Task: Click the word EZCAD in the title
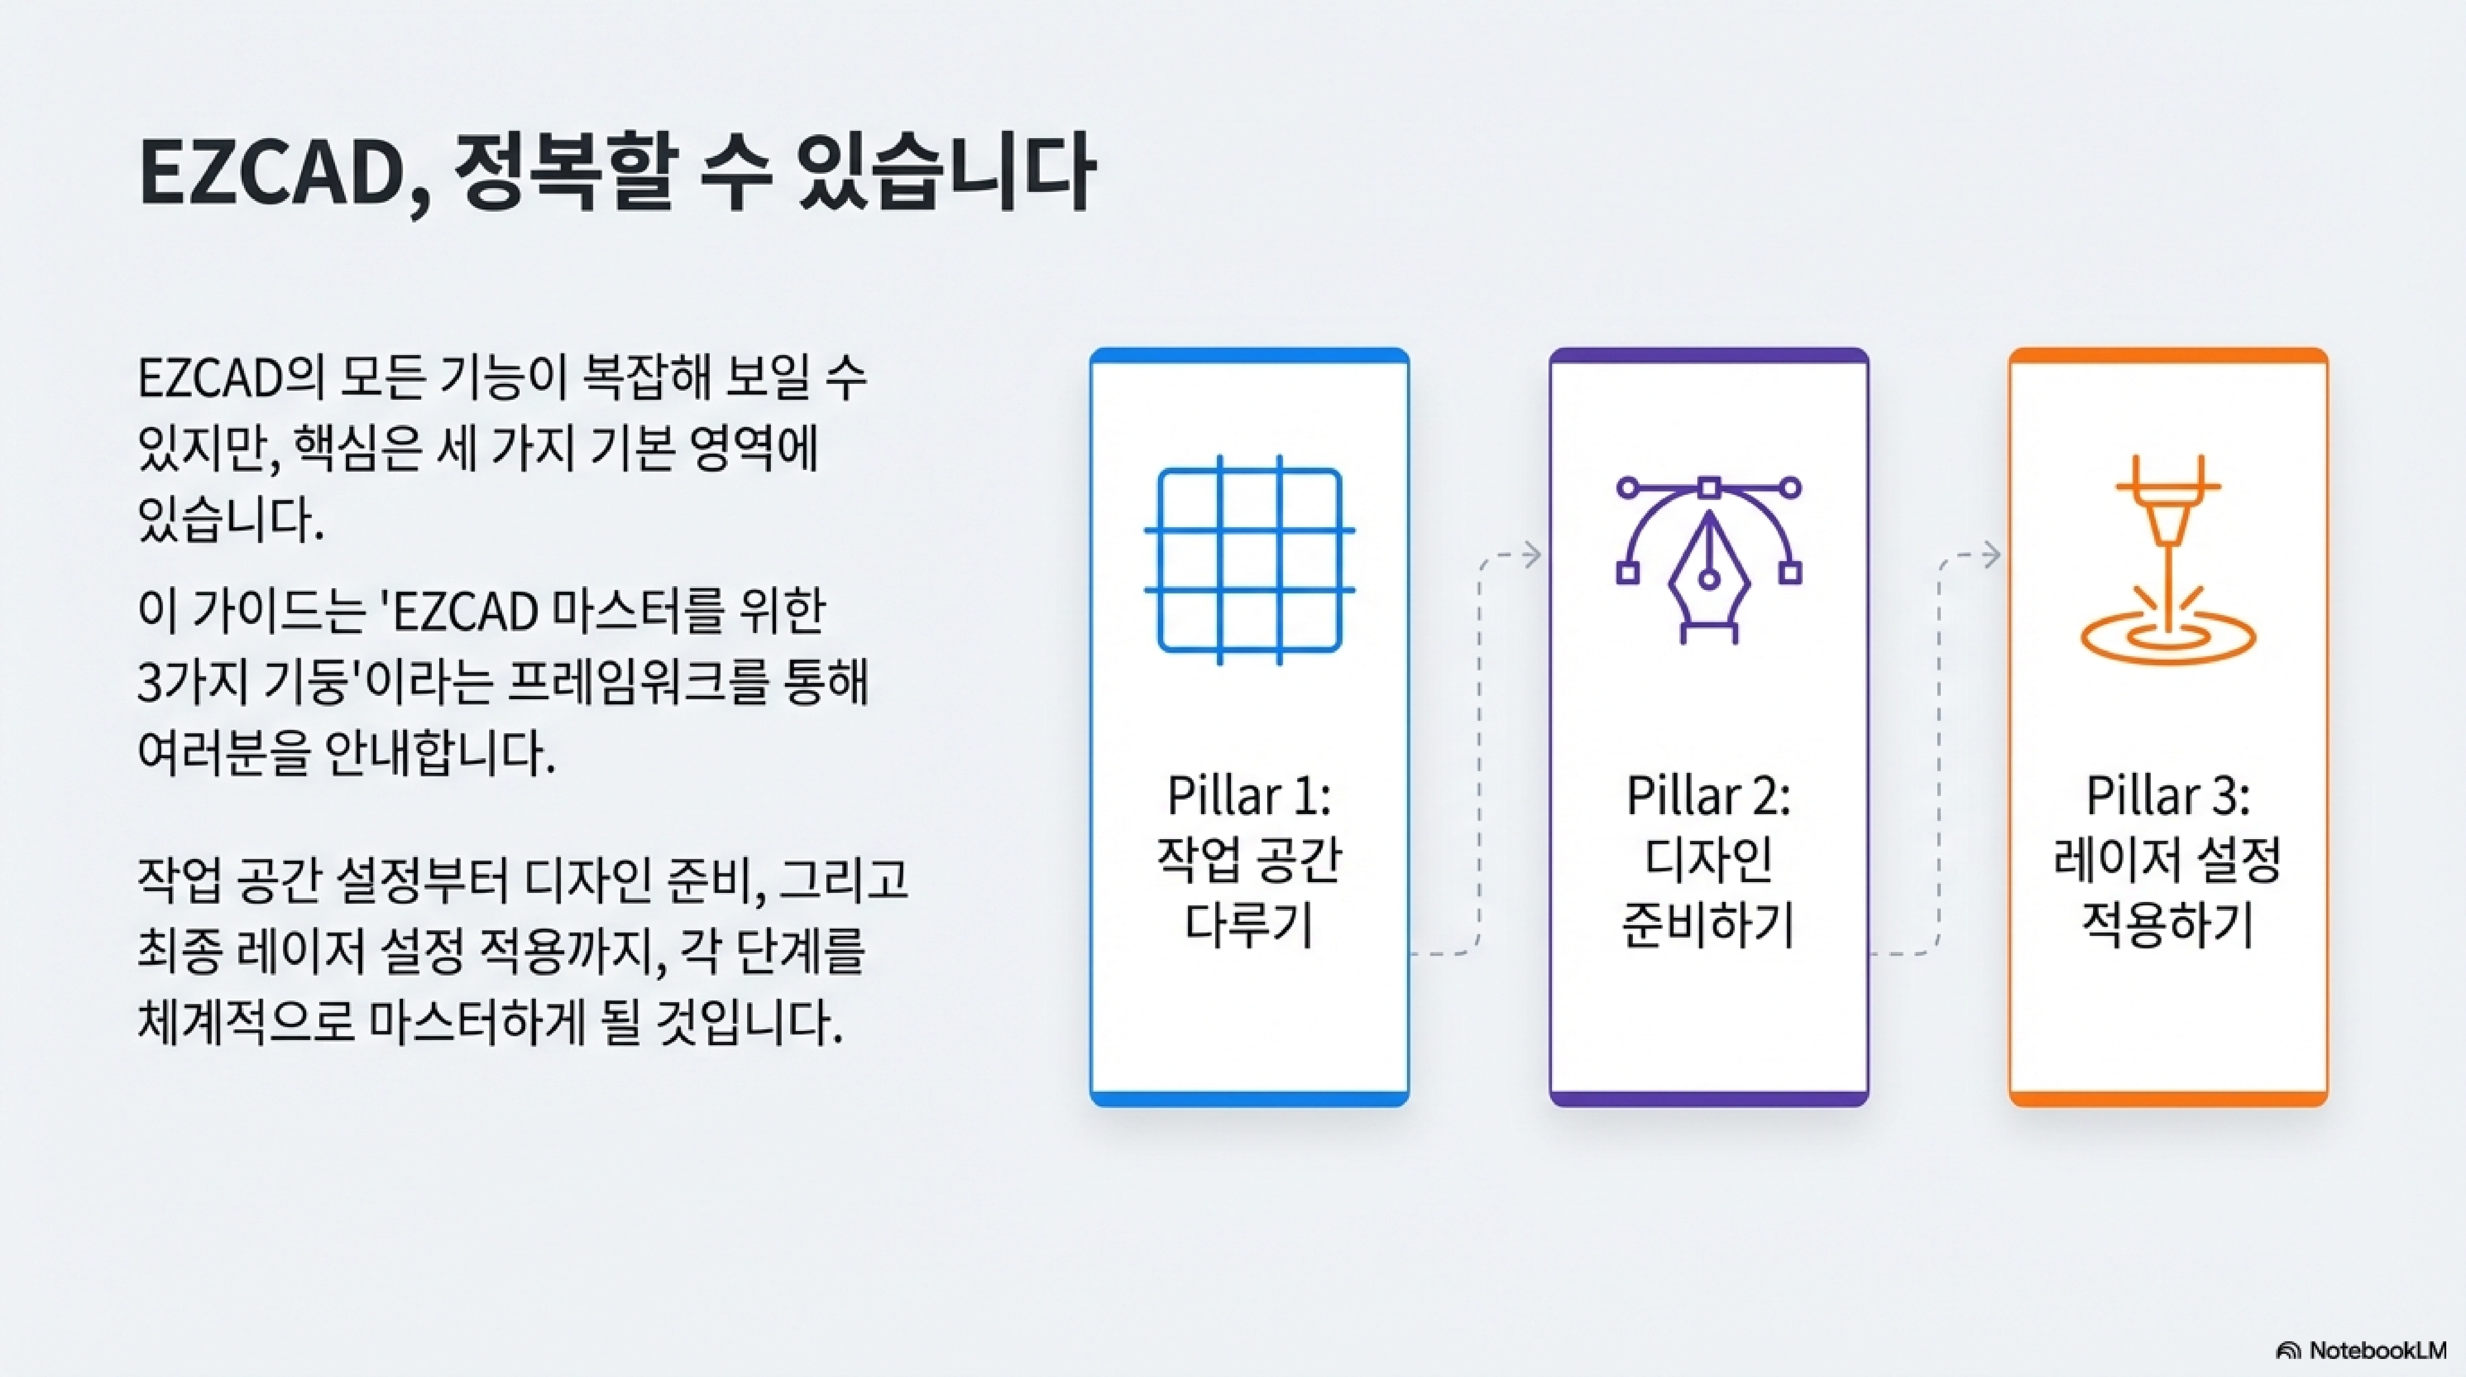coord(273,174)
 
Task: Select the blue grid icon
coord(1249,560)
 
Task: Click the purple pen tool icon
coord(1709,560)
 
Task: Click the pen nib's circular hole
coord(1709,577)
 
